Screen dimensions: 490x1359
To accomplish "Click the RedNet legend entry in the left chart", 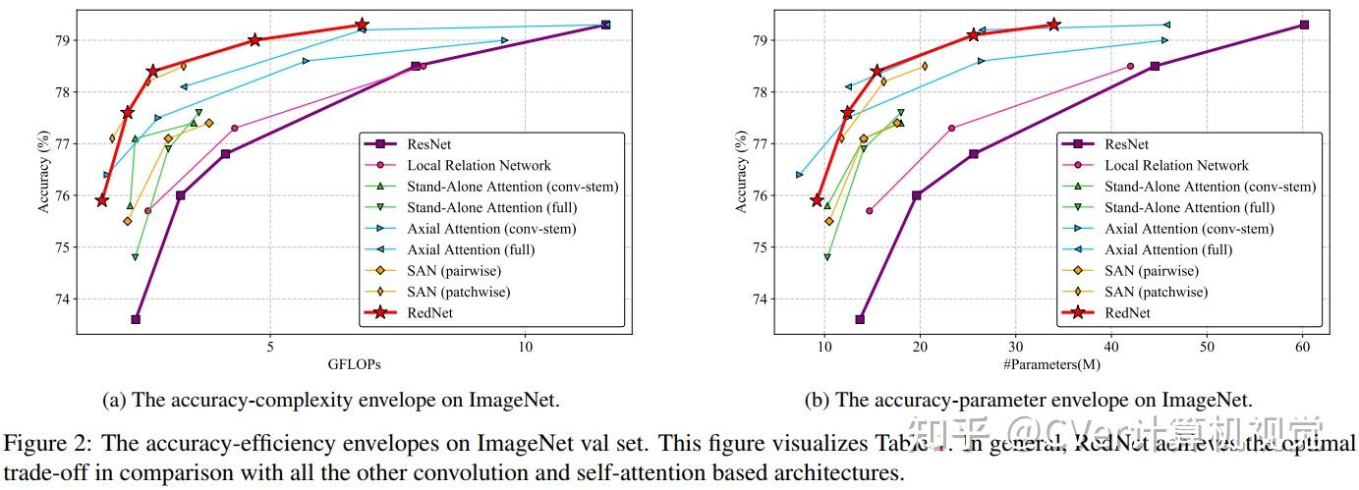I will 438,313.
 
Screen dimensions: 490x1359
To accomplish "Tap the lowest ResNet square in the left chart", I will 136,319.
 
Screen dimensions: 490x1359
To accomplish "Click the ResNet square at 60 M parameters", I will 1303,25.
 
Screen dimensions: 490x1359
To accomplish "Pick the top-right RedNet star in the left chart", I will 362,25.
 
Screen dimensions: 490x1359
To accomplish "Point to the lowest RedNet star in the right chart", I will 817,200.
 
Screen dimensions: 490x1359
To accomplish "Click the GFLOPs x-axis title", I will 354,364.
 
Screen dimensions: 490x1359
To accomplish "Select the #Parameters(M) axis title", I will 1051,364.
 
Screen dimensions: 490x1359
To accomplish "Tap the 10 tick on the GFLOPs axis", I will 526,345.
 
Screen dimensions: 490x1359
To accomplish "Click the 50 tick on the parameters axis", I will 1207,345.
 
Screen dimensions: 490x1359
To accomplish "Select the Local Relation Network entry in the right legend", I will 1176,166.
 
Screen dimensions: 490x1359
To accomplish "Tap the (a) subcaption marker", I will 113,400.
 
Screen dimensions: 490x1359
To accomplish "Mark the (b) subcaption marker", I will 815,400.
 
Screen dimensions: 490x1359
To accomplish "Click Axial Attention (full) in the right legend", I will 1168,249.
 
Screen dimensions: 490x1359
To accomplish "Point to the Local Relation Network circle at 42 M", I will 1130,66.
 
